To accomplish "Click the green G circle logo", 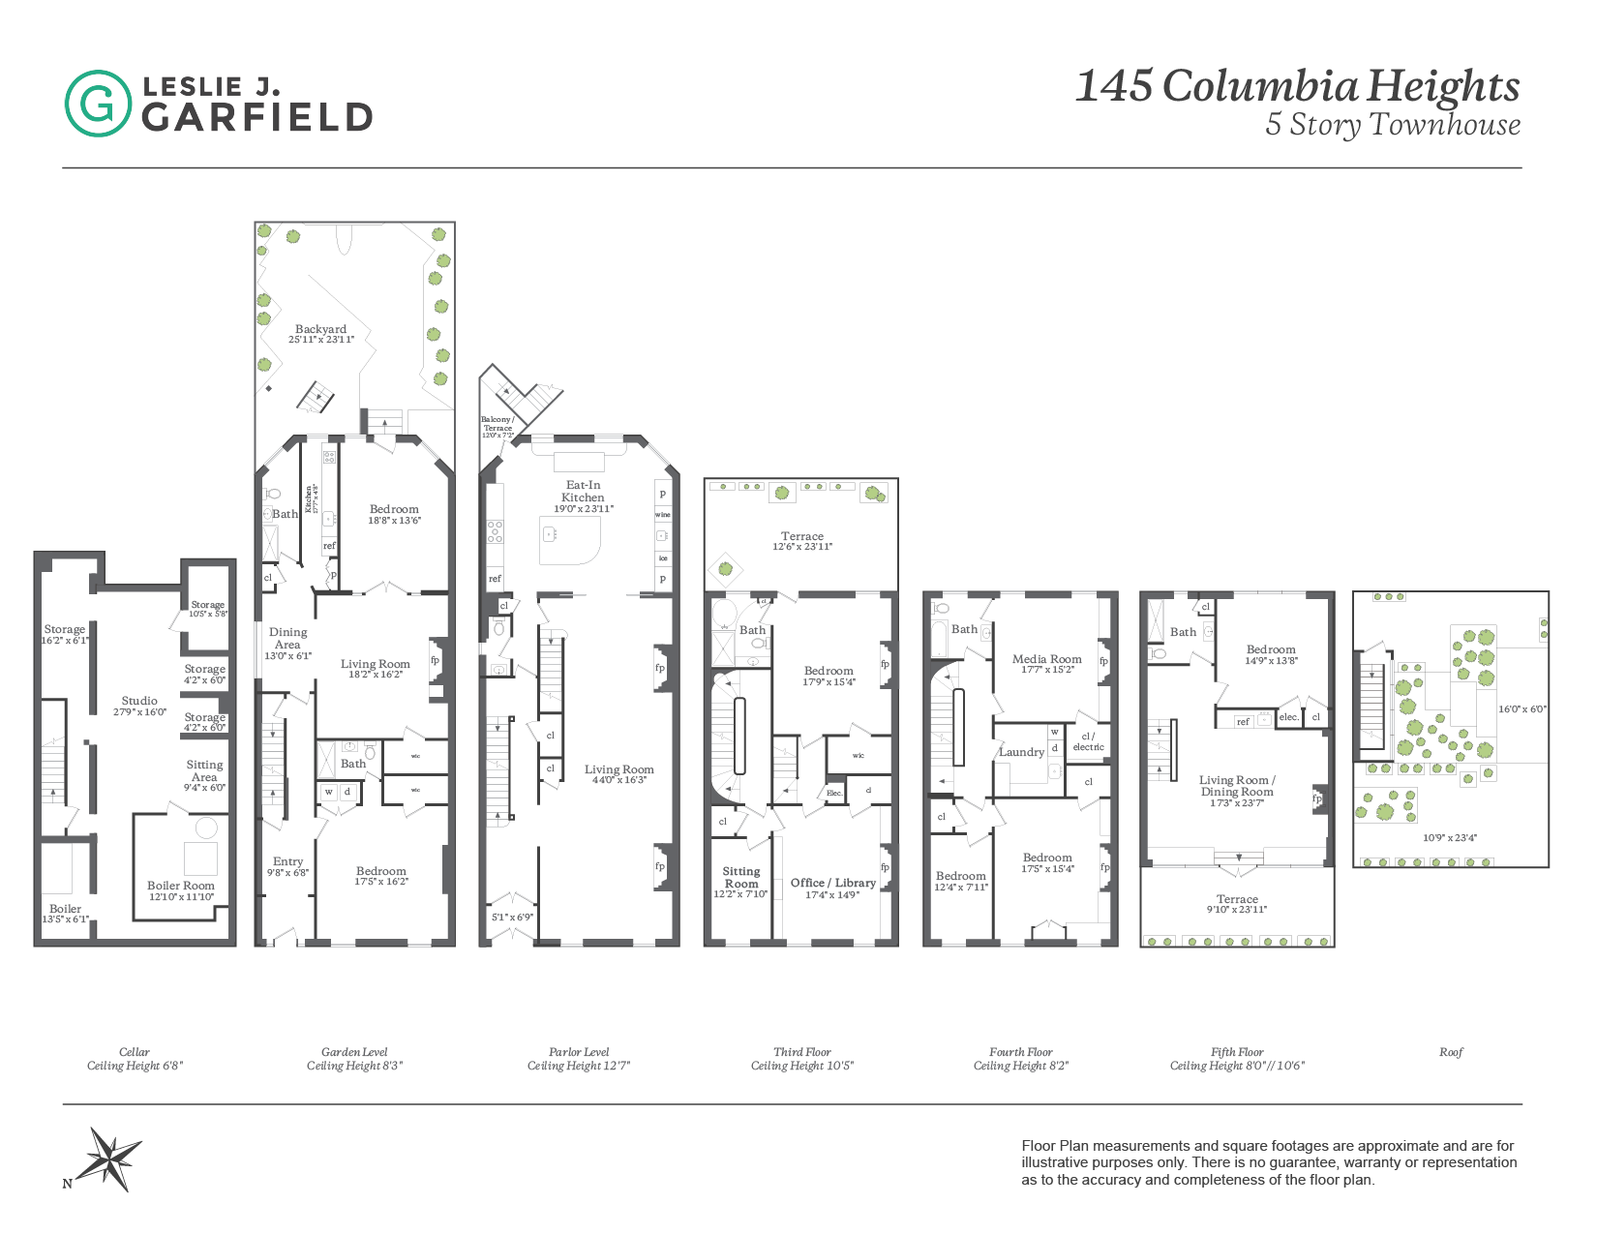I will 98,103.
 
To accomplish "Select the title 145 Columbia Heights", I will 1297,86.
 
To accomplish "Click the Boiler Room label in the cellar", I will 181,886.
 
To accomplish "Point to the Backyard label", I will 320,329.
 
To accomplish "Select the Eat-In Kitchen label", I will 583,491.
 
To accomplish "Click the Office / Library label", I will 832,883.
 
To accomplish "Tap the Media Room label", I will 1046,659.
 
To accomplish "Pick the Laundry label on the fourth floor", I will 1021,752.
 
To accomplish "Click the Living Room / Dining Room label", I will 1237,786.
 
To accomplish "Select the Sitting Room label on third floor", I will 741,877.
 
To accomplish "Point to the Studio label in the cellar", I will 139,701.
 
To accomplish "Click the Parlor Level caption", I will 579,1052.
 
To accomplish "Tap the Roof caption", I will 1451,1052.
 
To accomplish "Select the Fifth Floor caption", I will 1237,1052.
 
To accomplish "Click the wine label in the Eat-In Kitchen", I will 663,515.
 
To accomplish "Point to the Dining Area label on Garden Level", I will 287,638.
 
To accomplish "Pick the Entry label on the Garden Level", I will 287,861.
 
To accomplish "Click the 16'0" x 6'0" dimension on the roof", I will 1522,709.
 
